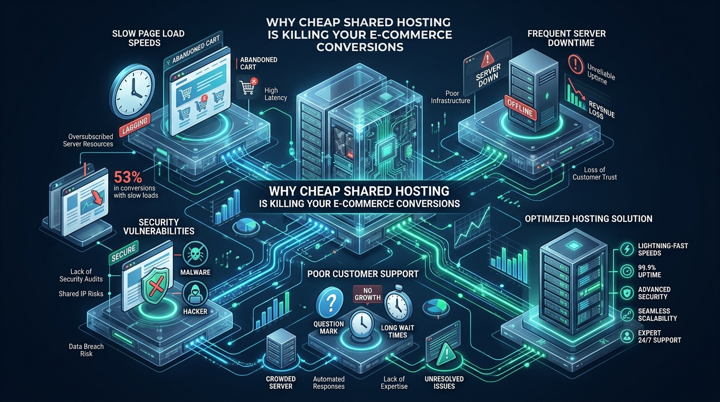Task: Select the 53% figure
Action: tap(128, 177)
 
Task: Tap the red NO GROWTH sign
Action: tap(367, 294)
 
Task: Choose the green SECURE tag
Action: tap(123, 253)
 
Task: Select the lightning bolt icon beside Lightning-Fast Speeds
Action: tap(627, 249)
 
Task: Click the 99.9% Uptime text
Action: tap(649, 271)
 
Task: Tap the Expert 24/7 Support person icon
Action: tap(627, 336)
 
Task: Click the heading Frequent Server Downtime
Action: tap(566, 38)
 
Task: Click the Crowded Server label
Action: tap(280, 383)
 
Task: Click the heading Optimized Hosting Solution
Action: tap(589, 219)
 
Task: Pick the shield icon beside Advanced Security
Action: tap(627, 293)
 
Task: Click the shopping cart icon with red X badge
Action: tap(248, 86)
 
